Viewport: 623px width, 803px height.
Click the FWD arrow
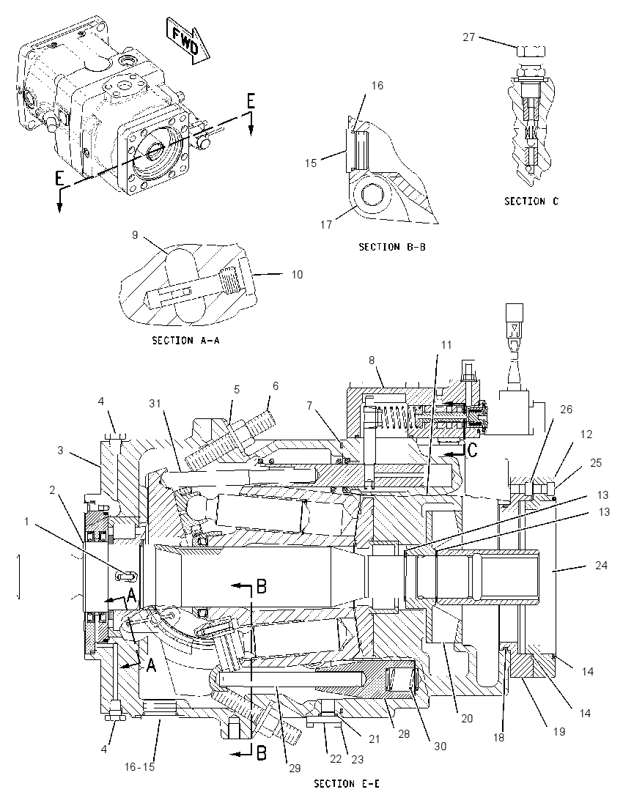[188, 40]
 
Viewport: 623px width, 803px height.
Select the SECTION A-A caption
[185, 340]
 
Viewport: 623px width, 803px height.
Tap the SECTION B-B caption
[392, 247]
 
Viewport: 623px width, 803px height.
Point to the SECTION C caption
[531, 201]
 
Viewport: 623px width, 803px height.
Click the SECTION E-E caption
[347, 783]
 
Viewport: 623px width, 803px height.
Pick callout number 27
[469, 37]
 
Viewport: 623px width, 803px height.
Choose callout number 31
[155, 404]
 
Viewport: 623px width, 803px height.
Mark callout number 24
[601, 565]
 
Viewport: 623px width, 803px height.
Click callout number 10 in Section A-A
[297, 275]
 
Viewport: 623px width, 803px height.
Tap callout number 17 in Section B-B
[326, 224]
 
